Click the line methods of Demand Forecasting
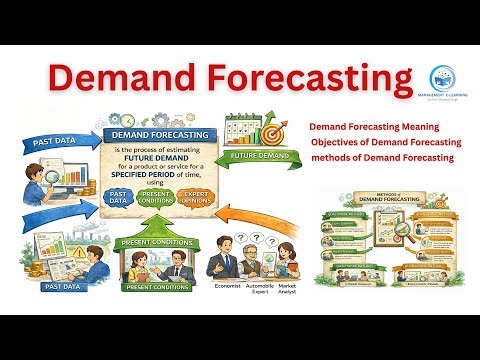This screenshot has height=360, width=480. pos(383,158)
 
